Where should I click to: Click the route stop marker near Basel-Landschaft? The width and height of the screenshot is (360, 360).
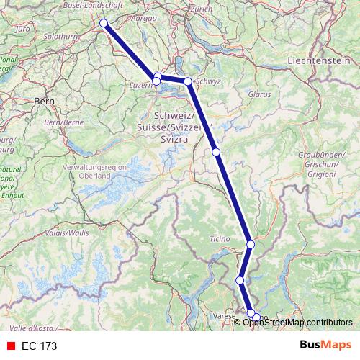coord(104,23)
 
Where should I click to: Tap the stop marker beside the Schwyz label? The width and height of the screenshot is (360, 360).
coord(187,81)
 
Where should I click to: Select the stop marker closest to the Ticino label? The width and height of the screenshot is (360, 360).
coord(251,245)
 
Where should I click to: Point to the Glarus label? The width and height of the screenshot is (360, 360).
coord(258,94)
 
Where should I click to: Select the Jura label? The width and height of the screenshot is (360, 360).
coord(23,29)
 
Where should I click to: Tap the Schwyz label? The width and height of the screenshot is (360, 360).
coord(207,81)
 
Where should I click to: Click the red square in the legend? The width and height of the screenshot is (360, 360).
coord(10,346)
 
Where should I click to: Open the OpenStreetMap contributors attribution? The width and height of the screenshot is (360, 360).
coord(297,322)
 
